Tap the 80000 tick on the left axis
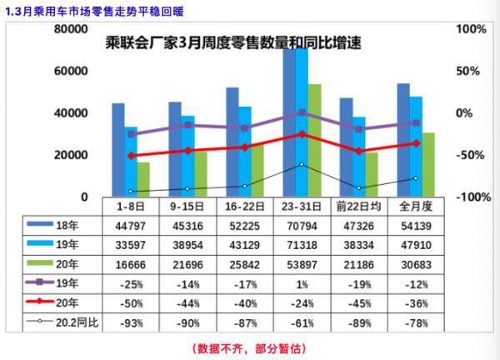[x=72, y=29]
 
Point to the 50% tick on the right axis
[x=471, y=71]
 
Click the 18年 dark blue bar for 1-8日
[x=118, y=150]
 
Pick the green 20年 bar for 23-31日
[x=314, y=140]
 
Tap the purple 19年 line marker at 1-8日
[x=131, y=133]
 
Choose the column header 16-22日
[x=244, y=205]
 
